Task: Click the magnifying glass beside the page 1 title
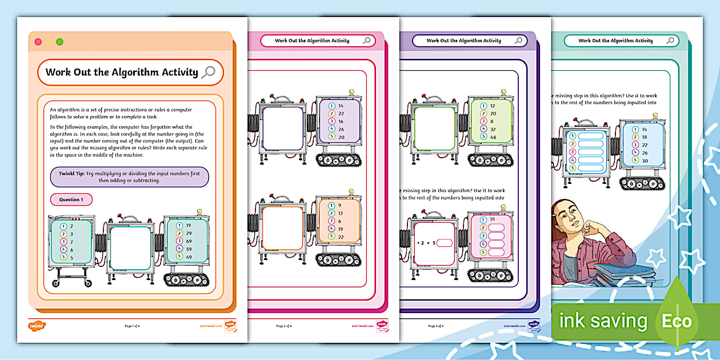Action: [x=209, y=72]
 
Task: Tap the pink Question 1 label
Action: [x=71, y=199]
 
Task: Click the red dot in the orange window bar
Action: [x=38, y=42]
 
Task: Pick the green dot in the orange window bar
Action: [x=59, y=42]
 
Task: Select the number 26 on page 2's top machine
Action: [x=341, y=129]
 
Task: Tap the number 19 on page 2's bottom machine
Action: [x=341, y=229]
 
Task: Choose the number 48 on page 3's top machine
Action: [x=493, y=137]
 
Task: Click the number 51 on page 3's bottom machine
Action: [x=492, y=219]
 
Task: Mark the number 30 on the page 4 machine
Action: [x=644, y=161]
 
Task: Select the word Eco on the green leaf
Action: [x=677, y=321]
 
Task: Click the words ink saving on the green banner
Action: [x=603, y=321]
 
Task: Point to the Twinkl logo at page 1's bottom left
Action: [x=37, y=326]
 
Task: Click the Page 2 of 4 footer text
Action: [x=284, y=326]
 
